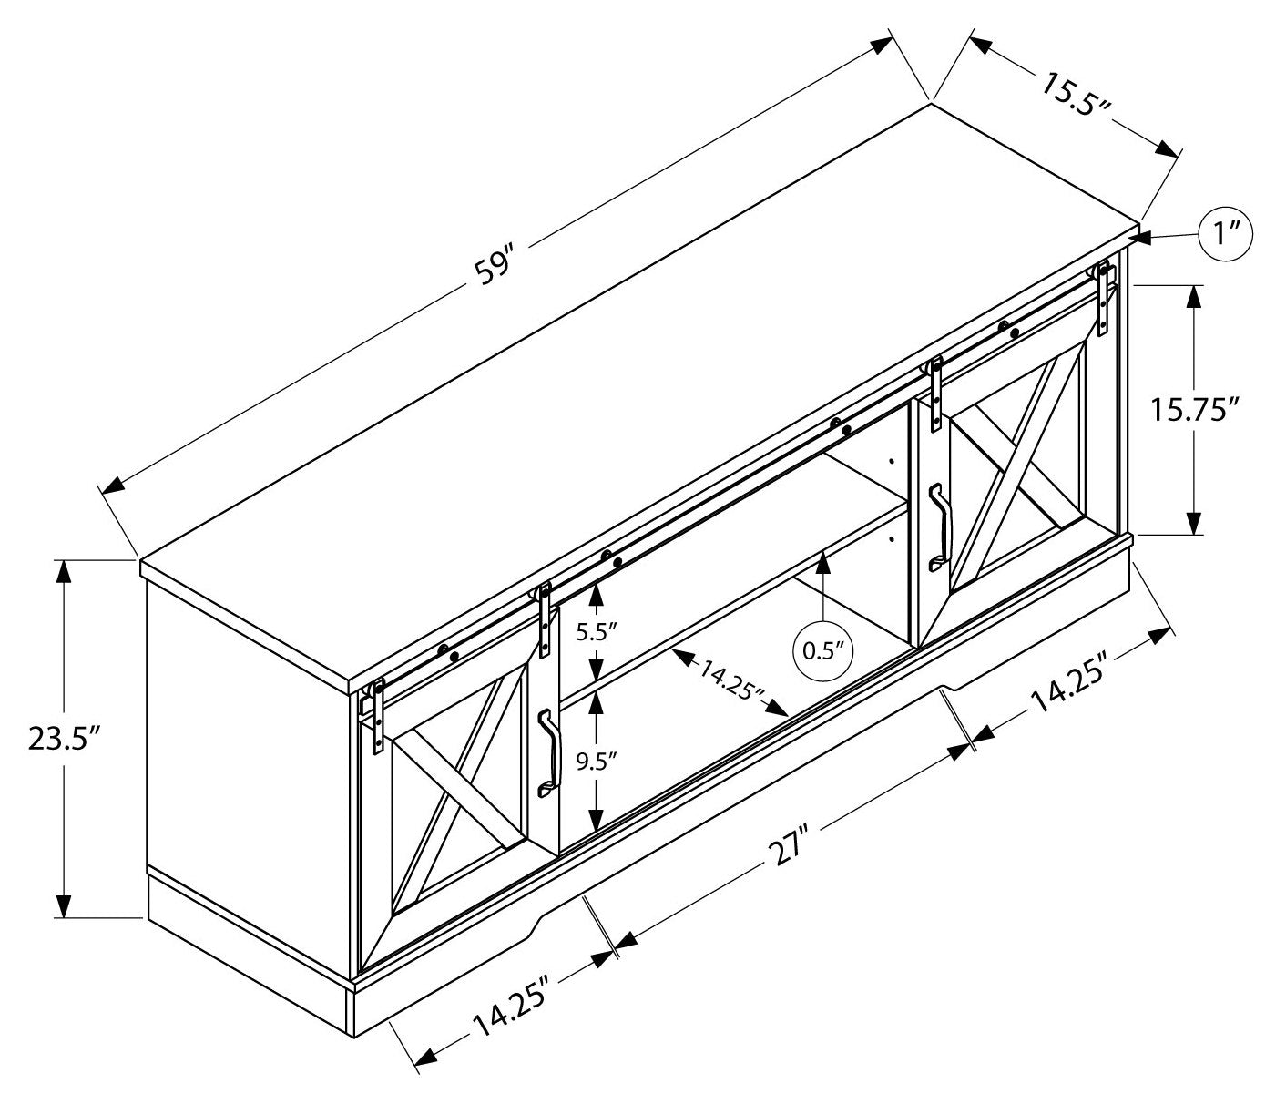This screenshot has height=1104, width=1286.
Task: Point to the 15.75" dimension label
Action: point(1194,409)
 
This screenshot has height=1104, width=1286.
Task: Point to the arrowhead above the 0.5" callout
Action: point(823,561)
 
